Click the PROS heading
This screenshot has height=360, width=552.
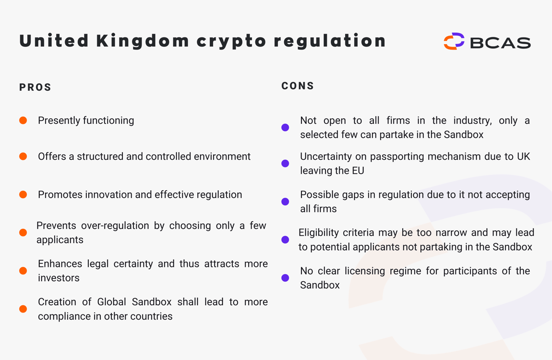35,87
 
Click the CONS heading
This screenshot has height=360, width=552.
298,86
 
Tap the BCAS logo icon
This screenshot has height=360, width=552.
454,41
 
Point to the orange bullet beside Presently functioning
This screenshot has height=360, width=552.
23,120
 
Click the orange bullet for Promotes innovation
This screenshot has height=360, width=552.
23,194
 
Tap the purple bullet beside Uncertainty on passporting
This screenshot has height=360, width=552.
285,164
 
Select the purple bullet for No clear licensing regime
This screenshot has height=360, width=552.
285,278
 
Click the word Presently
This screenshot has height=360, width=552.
59,120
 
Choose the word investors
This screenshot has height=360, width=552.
59,278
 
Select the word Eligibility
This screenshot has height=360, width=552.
318,233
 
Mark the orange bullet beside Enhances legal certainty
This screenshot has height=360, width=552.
23,271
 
